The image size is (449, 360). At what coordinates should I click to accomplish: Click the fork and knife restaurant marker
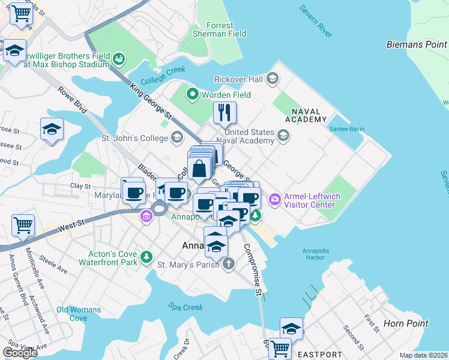pos(225,113)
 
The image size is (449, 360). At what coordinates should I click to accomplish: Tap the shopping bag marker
pos(199,170)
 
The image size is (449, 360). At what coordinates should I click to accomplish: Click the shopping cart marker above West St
pos(23,226)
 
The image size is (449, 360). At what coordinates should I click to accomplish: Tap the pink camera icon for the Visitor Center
pos(274,199)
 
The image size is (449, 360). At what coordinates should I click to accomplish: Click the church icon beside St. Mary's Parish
pos(228,264)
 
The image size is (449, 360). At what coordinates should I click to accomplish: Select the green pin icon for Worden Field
pos(193,94)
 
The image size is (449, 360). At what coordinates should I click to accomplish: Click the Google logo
pos(20,353)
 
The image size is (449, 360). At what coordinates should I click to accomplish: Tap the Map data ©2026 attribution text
pos(423,355)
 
